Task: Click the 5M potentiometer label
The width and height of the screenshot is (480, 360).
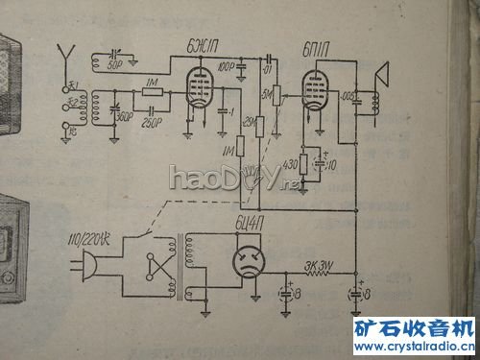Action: tap(266, 93)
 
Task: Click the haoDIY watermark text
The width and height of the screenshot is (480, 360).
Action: tap(222, 179)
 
